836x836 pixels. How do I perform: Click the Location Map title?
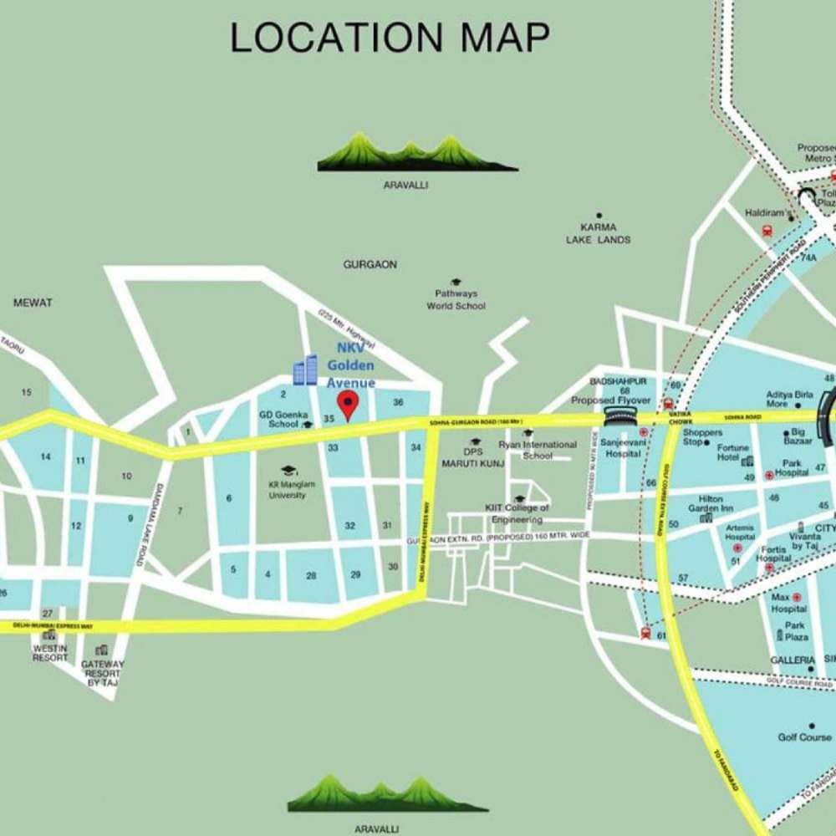click(390, 38)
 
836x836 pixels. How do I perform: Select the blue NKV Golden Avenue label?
click(350, 364)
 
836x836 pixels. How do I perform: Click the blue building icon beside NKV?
click(305, 370)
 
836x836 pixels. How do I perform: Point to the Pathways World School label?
click(456, 299)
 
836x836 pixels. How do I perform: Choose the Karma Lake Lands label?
click(598, 232)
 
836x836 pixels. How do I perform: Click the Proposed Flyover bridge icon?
click(619, 415)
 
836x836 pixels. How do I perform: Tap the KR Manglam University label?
click(288, 489)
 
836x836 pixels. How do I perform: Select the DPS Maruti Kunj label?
click(474, 456)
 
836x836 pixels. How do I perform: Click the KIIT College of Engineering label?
click(517, 513)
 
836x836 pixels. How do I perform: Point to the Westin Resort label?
click(50, 652)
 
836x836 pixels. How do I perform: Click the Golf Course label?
click(805, 737)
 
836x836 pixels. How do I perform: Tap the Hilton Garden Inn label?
click(711, 502)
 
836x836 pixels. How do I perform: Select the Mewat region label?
click(33, 303)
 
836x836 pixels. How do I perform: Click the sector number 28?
click(311, 575)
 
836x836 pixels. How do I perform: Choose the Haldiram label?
click(764, 213)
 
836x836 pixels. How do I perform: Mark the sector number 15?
click(27, 392)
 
